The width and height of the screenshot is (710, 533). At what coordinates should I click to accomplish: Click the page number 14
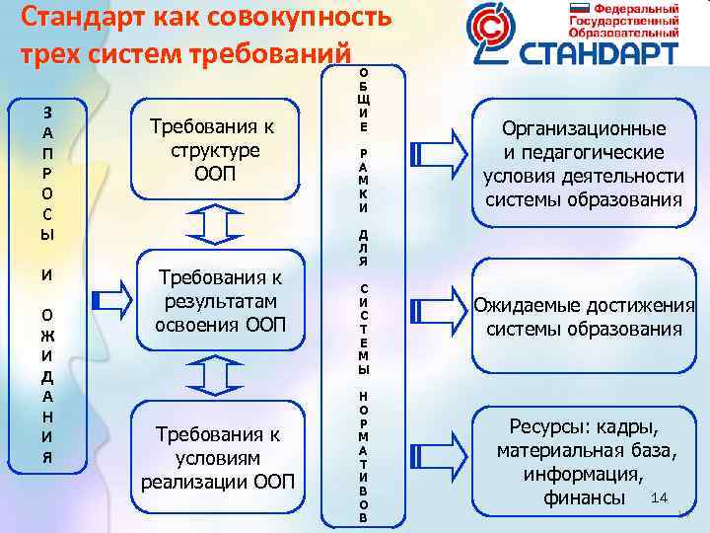tap(660, 495)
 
